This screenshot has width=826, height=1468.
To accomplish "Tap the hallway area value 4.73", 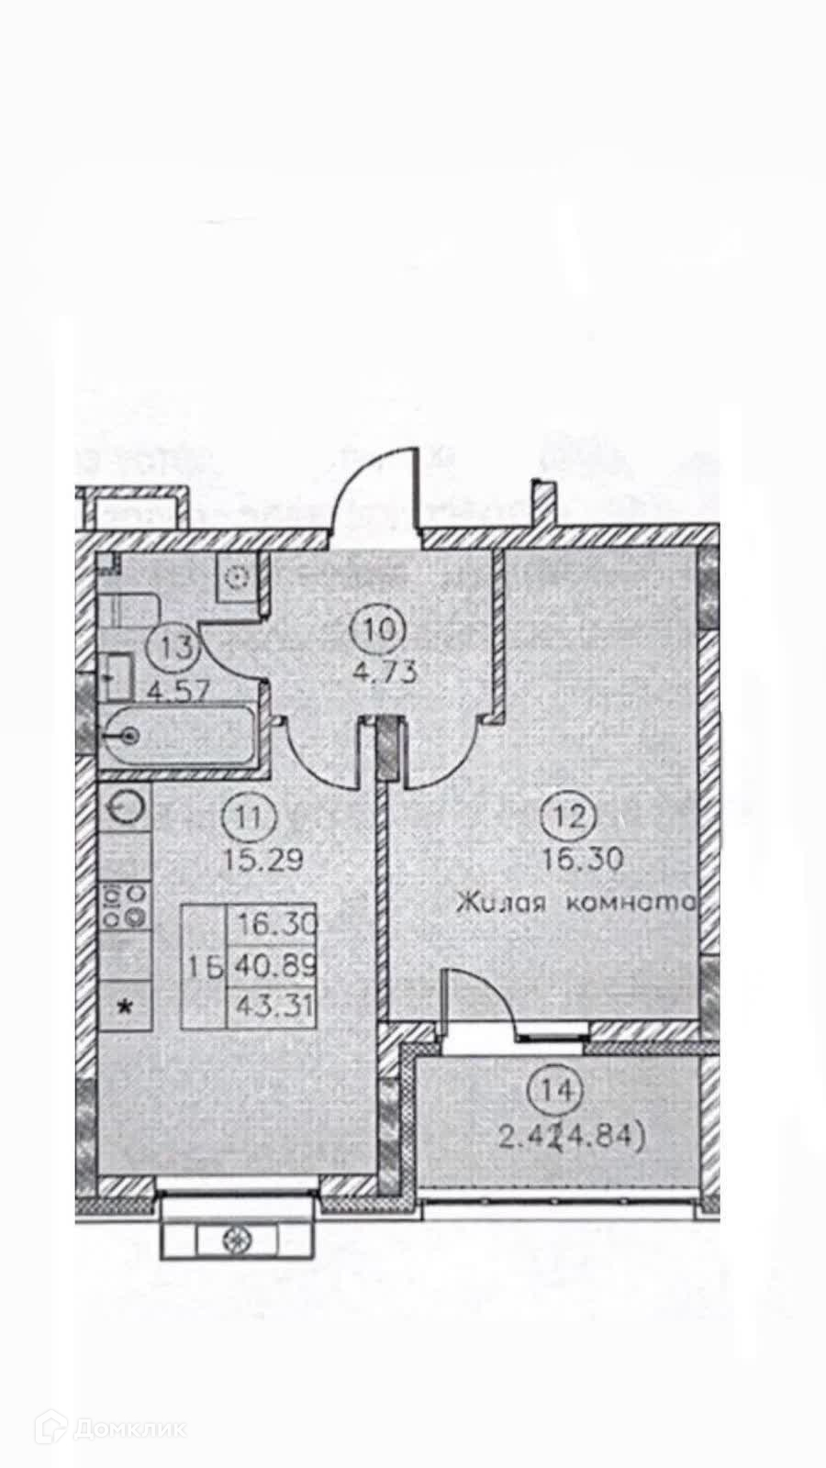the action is click(385, 671).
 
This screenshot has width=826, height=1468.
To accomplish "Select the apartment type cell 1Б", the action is click(206, 966).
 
